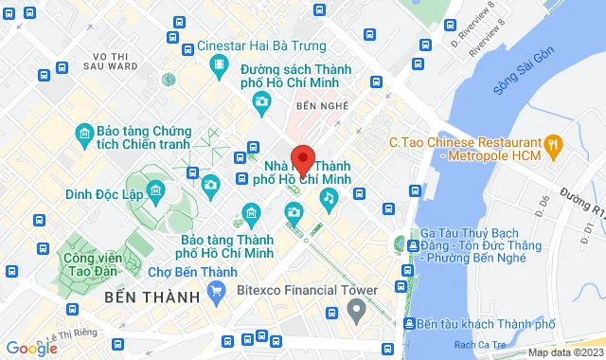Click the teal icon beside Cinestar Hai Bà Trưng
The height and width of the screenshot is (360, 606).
pos(219,63)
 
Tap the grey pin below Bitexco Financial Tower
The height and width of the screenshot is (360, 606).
pos(356,309)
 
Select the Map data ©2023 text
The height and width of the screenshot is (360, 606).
pos(564,352)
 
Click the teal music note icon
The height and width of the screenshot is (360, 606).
pos(328,198)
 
